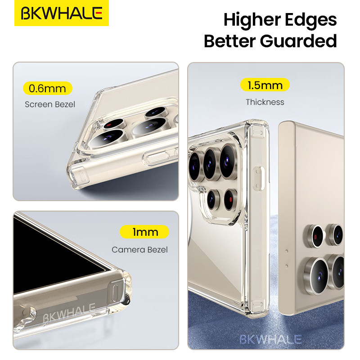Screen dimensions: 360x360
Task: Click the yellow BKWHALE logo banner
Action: coord(62,13)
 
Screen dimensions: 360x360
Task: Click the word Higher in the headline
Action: coord(252,20)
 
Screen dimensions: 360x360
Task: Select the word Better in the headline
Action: coord(229,41)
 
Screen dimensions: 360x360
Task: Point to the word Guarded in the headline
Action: coord(298,41)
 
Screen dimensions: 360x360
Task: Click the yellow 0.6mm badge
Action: coord(48,88)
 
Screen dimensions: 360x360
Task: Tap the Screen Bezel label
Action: coord(50,104)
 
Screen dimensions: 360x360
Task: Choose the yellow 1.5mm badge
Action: coord(265,85)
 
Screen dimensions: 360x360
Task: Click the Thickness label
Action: coord(265,102)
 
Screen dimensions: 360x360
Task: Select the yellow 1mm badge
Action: coord(144,232)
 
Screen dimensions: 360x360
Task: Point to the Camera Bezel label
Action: coord(139,250)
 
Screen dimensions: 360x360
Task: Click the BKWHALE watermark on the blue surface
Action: coord(270,339)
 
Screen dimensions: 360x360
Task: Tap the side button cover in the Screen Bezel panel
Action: coord(157,157)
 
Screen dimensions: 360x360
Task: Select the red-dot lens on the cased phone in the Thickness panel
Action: coord(230,199)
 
